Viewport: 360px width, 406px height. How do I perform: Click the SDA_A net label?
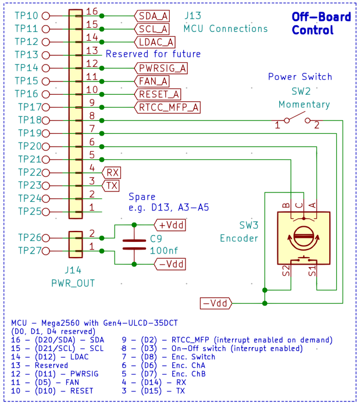pyautogui.click(x=153, y=16)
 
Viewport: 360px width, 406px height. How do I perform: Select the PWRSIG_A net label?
pyautogui.click(x=162, y=68)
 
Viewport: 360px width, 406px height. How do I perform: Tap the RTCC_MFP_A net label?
pyautogui.click(x=168, y=107)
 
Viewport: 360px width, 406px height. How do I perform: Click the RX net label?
pyautogui.click(x=112, y=172)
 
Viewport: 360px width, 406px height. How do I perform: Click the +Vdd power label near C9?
pyautogui.click(x=170, y=225)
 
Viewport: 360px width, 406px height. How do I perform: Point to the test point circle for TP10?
pyautogui.click(x=46, y=16)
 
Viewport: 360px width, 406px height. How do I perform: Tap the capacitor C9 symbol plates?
pyautogui.click(x=134, y=244)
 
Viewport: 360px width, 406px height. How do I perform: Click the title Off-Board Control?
pyautogui.click(x=321, y=23)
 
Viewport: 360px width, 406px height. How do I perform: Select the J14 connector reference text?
pyautogui.click(x=73, y=270)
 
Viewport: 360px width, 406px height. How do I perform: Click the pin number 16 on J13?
pyautogui.click(x=92, y=11)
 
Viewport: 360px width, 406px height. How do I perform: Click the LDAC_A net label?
pyautogui.click(x=156, y=42)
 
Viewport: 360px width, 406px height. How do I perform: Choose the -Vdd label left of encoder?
pyautogui.click(x=216, y=303)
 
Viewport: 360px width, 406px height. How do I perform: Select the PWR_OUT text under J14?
pyautogui.click(x=73, y=283)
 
